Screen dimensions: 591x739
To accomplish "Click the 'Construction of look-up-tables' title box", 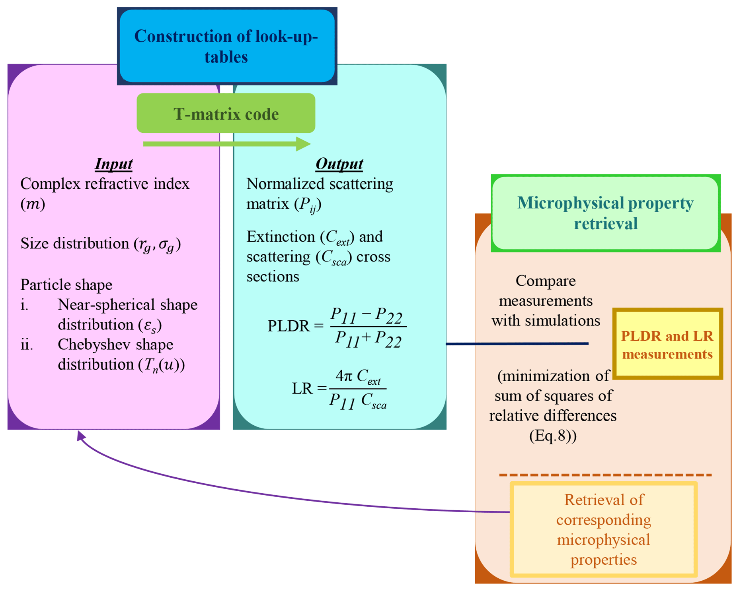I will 227,46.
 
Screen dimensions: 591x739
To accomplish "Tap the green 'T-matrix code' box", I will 226,114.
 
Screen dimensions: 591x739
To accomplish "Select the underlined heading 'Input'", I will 113,164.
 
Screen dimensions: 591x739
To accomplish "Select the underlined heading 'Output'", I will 339,164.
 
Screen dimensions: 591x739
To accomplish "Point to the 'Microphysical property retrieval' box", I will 605,213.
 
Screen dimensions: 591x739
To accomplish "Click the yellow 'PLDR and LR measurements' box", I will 667,344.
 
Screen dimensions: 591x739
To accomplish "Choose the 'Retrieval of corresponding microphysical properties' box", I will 603,529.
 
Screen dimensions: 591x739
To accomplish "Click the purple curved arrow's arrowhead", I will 81,436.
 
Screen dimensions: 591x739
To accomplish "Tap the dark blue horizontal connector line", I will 517,343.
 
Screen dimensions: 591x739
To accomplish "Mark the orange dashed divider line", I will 605,475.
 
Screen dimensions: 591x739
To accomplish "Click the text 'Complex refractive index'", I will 105,184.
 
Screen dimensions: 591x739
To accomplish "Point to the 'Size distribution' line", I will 101,244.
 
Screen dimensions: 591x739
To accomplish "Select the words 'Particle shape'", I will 66,285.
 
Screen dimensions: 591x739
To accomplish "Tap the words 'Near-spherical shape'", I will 127,304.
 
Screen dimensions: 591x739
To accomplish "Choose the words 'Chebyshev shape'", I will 115,344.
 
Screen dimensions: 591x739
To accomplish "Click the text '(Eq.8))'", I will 553,436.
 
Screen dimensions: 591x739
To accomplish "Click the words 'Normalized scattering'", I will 320,184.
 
